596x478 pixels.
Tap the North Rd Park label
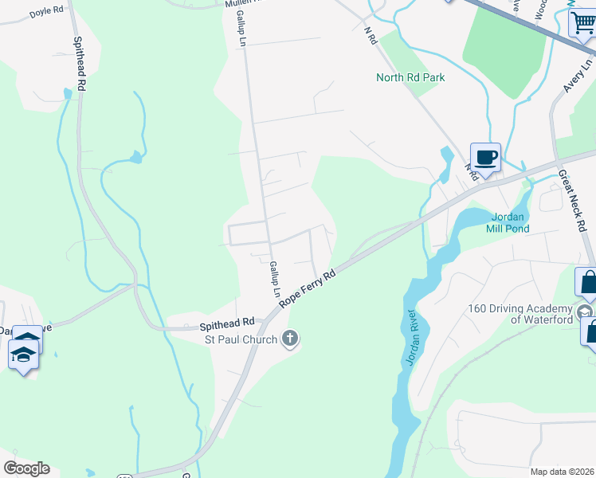click(x=410, y=77)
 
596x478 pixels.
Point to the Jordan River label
click(x=410, y=336)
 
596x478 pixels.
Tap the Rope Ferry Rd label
click(x=308, y=289)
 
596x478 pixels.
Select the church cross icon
click(x=290, y=339)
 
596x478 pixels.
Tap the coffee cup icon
click(x=485, y=156)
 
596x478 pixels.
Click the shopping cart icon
click(x=582, y=24)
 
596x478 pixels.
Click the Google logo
click(x=26, y=468)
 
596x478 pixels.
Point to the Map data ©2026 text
click(x=561, y=472)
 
